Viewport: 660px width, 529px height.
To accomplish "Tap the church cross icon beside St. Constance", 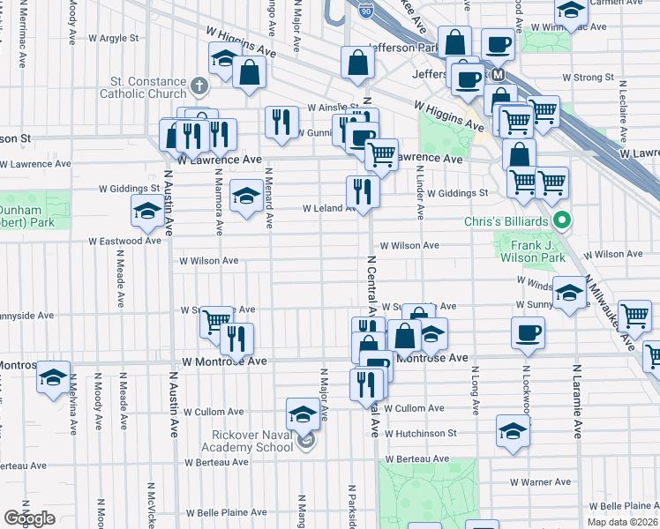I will coord(199,86).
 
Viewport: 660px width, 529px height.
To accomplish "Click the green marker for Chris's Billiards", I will coord(559,220).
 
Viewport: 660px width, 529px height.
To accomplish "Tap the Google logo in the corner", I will coord(29,518).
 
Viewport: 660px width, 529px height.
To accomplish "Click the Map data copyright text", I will coord(622,522).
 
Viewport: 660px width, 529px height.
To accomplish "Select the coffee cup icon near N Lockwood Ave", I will coord(528,332).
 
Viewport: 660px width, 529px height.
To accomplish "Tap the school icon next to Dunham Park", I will coord(146,210).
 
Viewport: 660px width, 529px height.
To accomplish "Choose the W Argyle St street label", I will coord(114,39).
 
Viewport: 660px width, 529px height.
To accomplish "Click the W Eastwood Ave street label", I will coord(124,241).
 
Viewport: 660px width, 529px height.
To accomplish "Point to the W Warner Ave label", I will coord(545,482).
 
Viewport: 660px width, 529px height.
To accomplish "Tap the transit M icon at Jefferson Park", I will coord(498,76).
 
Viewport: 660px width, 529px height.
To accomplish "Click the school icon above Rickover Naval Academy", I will coord(303,413).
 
